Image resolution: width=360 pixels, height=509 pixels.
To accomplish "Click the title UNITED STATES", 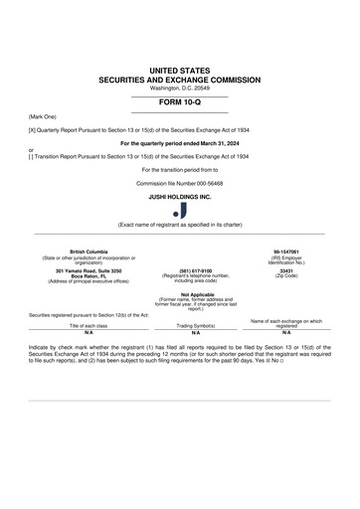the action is click(179, 72).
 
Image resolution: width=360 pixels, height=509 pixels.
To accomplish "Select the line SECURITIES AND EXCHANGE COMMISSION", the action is click(179, 80).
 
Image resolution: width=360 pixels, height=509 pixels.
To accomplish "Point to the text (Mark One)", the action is click(42, 116).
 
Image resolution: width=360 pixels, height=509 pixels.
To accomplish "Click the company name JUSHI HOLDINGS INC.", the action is click(180, 197).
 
